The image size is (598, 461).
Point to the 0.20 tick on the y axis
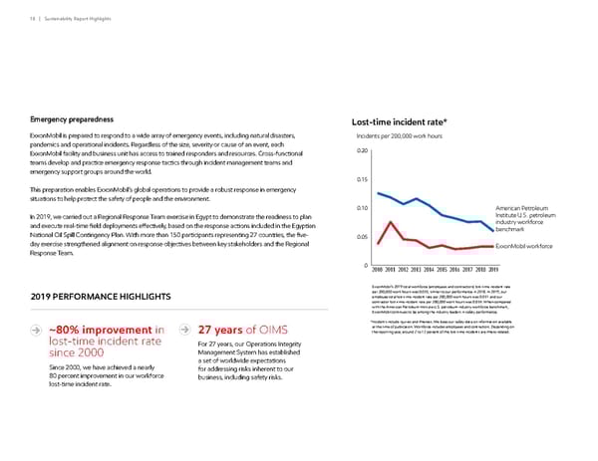363,151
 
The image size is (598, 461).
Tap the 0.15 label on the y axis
363,179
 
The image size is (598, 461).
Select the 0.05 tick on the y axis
363,237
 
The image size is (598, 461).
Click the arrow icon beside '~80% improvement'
37,332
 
